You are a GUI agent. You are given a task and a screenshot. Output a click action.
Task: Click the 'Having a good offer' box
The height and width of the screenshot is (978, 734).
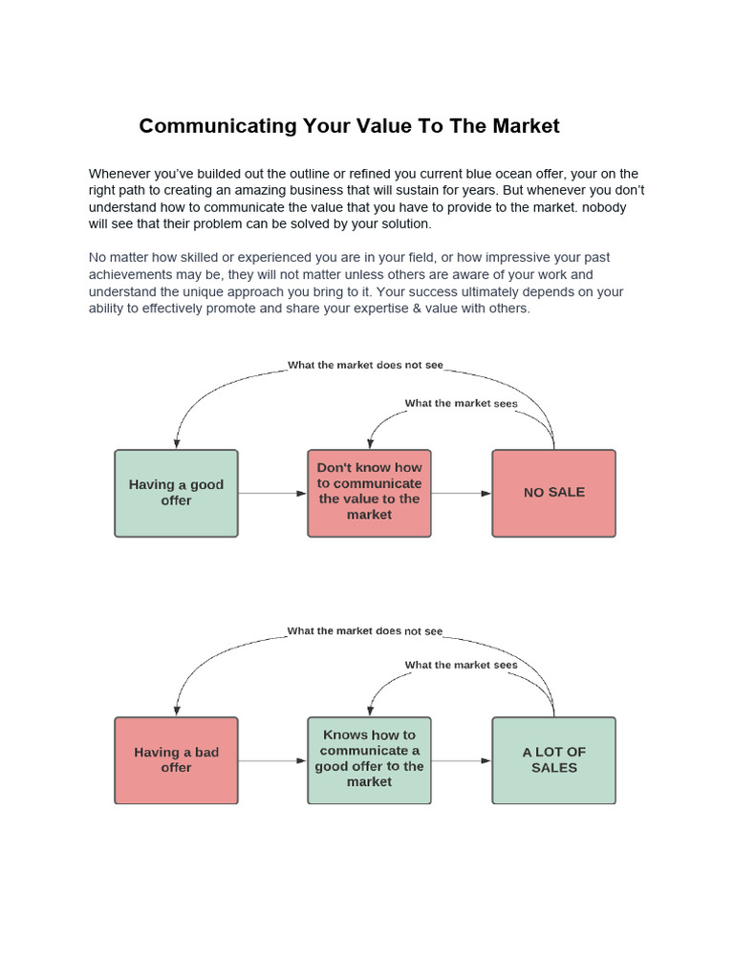click(176, 493)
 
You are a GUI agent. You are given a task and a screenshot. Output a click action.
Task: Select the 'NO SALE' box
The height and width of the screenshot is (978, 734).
click(553, 493)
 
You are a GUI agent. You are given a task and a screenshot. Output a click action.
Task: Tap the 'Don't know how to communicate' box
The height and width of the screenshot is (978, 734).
click(369, 493)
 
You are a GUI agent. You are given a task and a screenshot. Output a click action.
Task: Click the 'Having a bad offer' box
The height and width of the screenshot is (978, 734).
click(176, 760)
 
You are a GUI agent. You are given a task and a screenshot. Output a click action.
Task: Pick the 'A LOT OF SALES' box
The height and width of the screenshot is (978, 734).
click(553, 760)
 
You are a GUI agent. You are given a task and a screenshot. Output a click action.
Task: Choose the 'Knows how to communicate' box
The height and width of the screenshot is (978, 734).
click(369, 760)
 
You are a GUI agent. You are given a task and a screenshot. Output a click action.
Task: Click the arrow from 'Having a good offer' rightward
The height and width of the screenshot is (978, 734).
click(272, 494)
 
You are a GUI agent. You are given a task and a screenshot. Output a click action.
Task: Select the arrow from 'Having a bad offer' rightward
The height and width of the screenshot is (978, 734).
click(272, 761)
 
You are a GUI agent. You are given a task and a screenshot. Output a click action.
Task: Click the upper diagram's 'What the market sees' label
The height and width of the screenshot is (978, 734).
click(461, 403)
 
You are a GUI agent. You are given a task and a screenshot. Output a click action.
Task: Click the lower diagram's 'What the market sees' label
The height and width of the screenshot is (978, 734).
click(461, 665)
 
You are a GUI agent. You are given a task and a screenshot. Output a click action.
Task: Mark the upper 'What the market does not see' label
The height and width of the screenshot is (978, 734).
click(365, 365)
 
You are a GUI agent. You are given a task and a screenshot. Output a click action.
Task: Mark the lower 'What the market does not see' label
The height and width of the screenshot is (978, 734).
click(365, 631)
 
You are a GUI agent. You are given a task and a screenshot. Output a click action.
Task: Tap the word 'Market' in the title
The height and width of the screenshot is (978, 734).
click(525, 126)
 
